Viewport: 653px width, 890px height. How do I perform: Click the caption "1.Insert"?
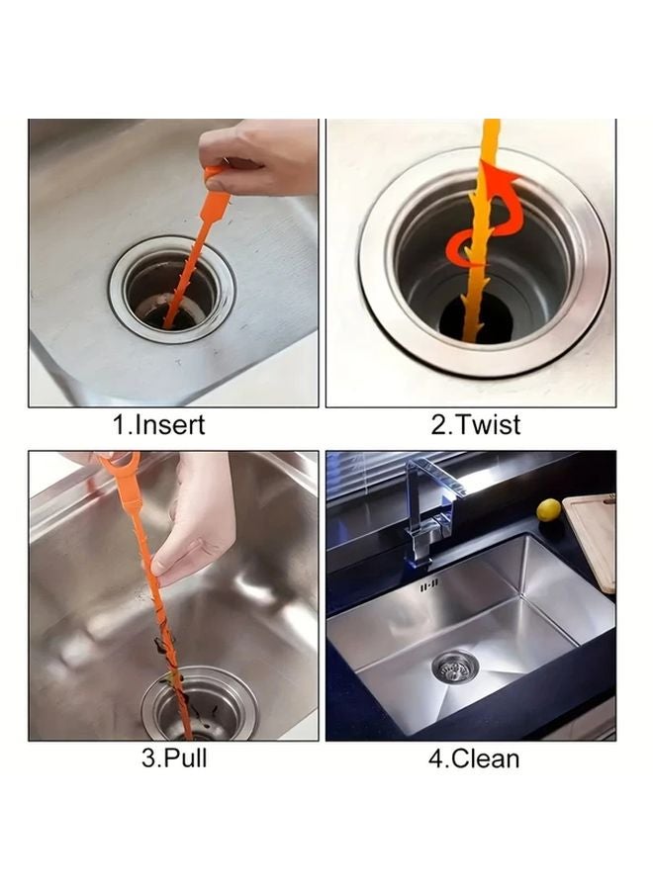pos(159,426)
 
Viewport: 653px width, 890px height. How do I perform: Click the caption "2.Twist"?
pos(475,426)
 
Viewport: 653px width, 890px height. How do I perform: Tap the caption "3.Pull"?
pos(174,759)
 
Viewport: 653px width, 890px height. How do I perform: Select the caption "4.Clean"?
pos(474,759)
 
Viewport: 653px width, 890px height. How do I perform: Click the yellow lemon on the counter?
pos(549,510)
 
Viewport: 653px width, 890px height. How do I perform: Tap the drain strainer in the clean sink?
pos(455,667)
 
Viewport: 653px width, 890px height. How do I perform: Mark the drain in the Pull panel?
pos(198,708)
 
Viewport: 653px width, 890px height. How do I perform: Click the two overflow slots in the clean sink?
pos(430,587)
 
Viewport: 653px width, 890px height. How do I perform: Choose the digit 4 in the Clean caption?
pos(436,759)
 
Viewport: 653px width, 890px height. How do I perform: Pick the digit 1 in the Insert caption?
pos(121,426)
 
